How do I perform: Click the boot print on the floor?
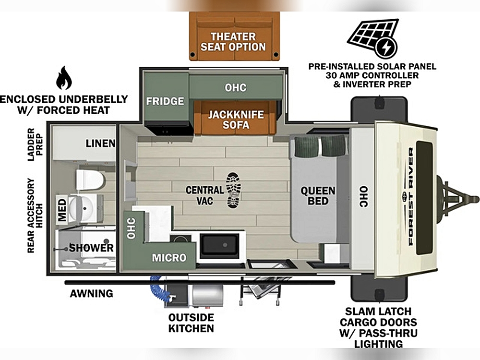pyautogui.click(x=233, y=190)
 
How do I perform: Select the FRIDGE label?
pyautogui.click(x=165, y=101)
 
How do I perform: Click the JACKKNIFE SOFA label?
pyautogui.click(x=236, y=120)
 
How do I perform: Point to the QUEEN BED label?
pyautogui.click(x=318, y=196)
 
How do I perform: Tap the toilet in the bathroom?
pyautogui.click(x=90, y=180)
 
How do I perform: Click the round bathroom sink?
pyautogui.click(x=82, y=208)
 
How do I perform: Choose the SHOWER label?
pyautogui.click(x=91, y=248)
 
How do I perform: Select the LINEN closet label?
pyautogui.click(x=100, y=143)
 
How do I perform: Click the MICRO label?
pyautogui.click(x=169, y=258)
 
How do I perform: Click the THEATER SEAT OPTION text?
pyautogui.click(x=233, y=42)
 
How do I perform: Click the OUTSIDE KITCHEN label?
pyautogui.click(x=191, y=323)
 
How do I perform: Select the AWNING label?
pyautogui.click(x=92, y=294)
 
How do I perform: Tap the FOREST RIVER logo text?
pyautogui.click(x=410, y=196)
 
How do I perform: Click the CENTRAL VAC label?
pyautogui.click(x=204, y=195)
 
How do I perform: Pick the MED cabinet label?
pyautogui.click(x=62, y=210)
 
